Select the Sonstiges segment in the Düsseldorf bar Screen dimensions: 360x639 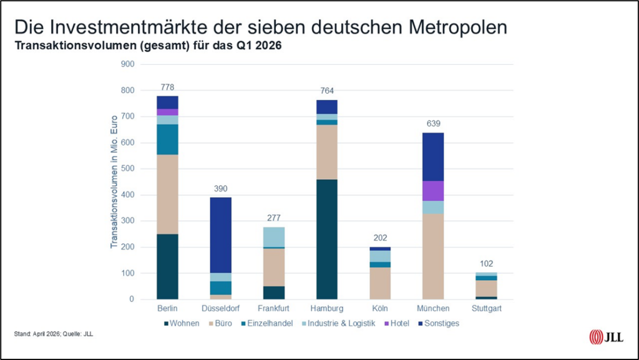tap(220, 235)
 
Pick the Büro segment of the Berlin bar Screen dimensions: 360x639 tap(167, 194)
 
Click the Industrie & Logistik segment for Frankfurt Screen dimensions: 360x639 tap(274, 237)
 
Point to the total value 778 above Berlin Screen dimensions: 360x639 tap(167, 86)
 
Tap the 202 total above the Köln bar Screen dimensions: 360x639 tap(380, 238)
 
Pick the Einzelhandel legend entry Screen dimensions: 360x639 tap(268, 323)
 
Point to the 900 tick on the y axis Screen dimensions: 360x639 tap(127, 64)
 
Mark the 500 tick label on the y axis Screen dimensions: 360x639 tap(127, 169)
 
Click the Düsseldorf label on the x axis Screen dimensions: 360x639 tap(220, 308)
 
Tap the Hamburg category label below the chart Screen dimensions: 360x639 tap(327, 308)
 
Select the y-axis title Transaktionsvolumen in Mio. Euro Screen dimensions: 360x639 tap(114, 181)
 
